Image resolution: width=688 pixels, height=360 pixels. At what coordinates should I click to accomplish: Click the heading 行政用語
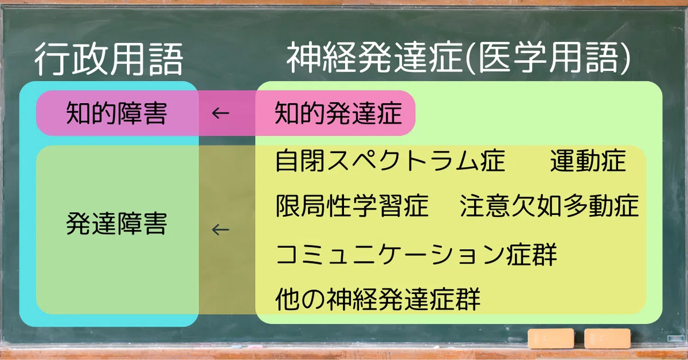coord(109,58)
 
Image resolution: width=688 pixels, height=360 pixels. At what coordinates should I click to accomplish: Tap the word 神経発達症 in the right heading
coord(375,58)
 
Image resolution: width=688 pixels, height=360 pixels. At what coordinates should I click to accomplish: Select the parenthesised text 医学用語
coord(549,58)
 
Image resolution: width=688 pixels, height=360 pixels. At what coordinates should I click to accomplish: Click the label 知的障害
coord(117,114)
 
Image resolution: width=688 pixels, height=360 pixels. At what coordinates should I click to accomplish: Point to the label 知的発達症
coord(338,114)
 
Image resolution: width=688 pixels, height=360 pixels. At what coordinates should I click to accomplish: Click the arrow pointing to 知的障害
coord(221,114)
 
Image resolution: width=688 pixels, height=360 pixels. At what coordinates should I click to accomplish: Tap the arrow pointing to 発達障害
coord(221,229)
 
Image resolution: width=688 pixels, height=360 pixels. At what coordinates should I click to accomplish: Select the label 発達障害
coord(117,224)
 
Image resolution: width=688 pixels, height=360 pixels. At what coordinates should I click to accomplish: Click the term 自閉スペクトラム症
coord(390,161)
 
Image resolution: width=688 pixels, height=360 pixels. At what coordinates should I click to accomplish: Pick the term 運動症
coord(588,161)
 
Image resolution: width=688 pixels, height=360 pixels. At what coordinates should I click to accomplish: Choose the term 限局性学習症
coord(352,206)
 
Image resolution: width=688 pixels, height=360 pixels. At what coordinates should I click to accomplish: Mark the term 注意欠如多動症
coord(549,206)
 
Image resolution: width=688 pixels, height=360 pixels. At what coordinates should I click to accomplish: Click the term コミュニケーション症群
coord(416,255)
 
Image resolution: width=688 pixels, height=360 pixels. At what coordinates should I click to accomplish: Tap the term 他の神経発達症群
coord(378,299)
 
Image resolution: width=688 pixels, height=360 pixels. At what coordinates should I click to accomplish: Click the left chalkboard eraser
coord(551,338)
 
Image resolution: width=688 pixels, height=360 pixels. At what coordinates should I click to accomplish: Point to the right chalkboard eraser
coord(607,338)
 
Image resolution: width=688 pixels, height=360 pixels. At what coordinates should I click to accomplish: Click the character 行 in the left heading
coord(51,58)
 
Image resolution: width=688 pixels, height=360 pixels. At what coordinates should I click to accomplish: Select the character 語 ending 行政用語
coord(166,58)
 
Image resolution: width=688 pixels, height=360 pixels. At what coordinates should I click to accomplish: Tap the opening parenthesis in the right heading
coord(471,58)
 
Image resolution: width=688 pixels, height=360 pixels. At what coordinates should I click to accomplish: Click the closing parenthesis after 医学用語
coord(624,58)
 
